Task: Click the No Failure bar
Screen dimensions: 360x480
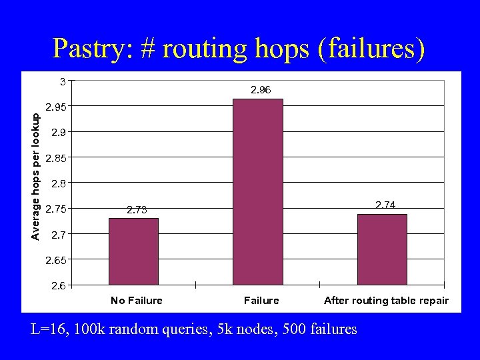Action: point(133,251)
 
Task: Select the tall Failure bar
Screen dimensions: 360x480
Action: point(258,192)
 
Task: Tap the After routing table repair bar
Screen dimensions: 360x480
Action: point(382,249)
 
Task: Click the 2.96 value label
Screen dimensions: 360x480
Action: point(260,89)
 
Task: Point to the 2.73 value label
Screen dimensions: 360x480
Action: point(137,210)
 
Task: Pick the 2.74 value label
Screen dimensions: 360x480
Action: point(385,205)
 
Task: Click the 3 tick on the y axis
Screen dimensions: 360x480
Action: point(62,81)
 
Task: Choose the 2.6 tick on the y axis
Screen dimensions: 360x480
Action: point(59,285)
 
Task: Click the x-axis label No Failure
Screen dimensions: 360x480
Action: point(137,301)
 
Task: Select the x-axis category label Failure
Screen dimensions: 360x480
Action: point(261,301)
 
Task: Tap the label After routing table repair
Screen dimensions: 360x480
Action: point(386,301)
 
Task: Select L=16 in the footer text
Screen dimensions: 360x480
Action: point(49,329)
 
